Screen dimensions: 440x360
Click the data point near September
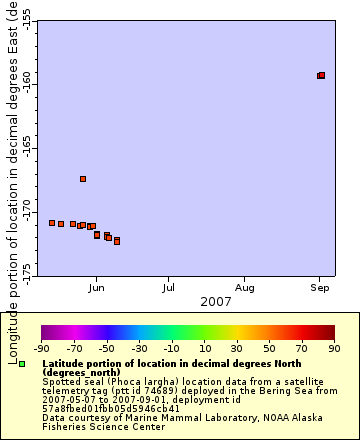321,75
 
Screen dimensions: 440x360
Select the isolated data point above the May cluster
83,179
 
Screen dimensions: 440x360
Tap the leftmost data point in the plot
52,223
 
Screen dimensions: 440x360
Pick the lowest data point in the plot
117,241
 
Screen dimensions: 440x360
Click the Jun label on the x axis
96,287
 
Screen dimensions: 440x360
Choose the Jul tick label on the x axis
170,287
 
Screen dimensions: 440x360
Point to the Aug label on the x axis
245,287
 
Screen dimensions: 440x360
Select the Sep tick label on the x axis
319,287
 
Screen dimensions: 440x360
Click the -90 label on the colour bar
41,348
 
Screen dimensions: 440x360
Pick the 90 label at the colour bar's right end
334,348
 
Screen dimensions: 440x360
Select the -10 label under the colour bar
171,348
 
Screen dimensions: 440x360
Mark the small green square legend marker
23,363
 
